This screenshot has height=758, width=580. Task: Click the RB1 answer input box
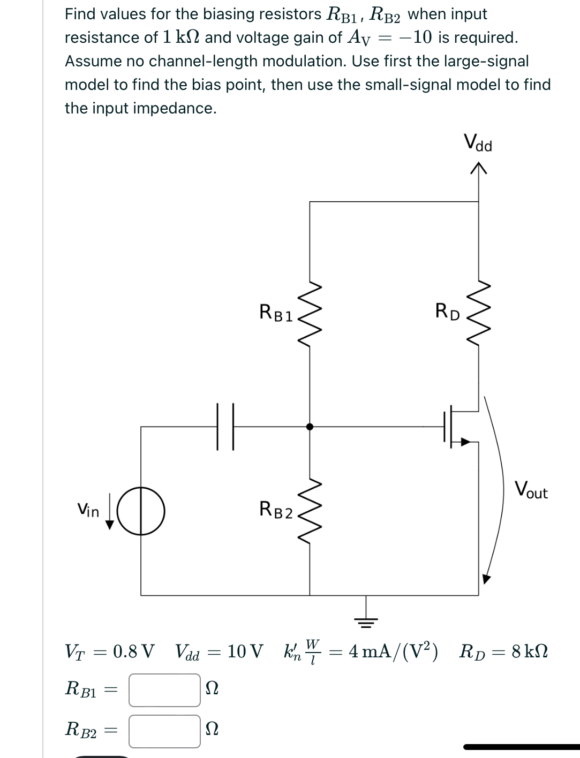pyautogui.click(x=164, y=689)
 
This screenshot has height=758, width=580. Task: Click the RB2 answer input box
pyautogui.click(x=164, y=731)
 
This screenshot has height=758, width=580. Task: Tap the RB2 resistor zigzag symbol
pyautogui.click(x=310, y=511)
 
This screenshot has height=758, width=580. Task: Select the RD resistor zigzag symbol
pyautogui.click(x=478, y=313)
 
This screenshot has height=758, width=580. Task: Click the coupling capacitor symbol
pyautogui.click(x=225, y=427)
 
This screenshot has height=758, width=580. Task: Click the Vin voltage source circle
pyautogui.click(x=141, y=511)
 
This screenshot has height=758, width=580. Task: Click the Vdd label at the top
pyautogui.click(x=478, y=143)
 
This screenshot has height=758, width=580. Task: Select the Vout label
pyautogui.click(x=531, y=490)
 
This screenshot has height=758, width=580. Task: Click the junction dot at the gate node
pyautogui.click(x=310, y=427)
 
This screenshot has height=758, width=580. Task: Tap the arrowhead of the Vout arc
pyautogui.click(x=486, y=579)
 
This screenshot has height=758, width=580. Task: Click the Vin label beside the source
pyautogui.click(x=88, y=511)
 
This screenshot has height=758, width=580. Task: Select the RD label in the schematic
pyautogui.click(x=447, y=312)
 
